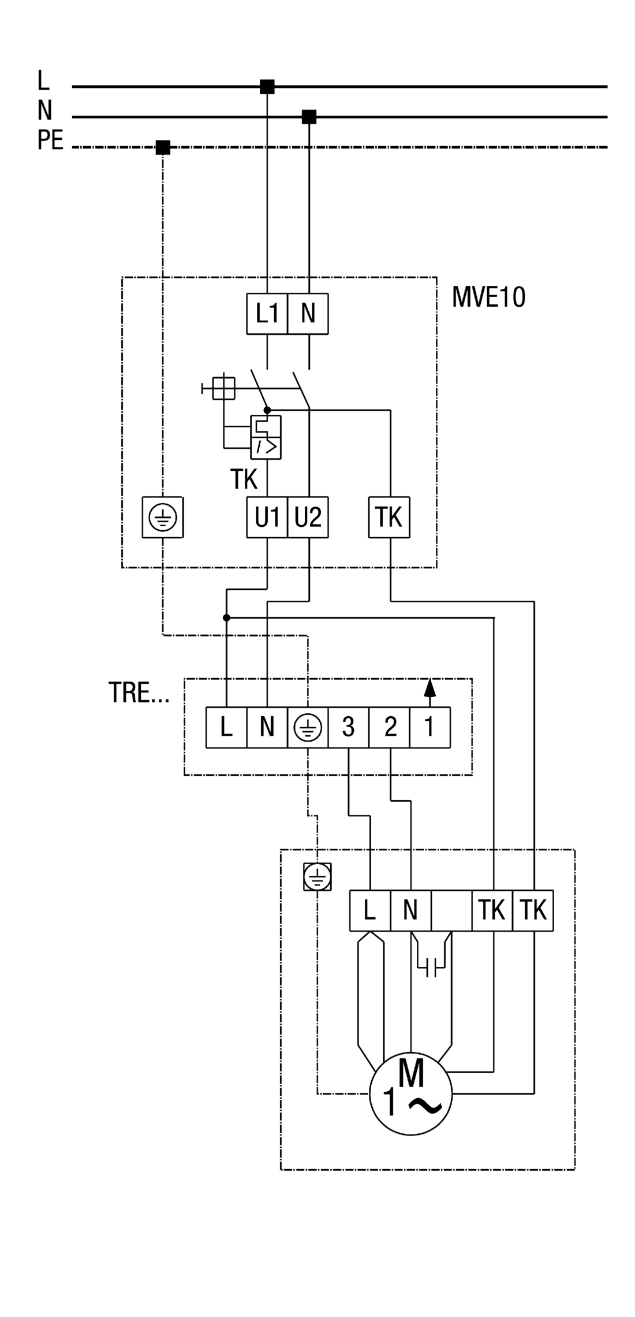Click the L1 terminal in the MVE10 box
tap(267, 314)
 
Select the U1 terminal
tap(267, 517)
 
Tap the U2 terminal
tap(308, 517)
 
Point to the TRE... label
tap(139, 693)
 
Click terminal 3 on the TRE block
tap(348, 727)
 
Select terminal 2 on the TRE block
tap(390, 727)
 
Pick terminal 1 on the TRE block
tap(429, 727)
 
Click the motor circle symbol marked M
tap(410, 1093)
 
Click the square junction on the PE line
tap(163, 147)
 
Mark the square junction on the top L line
tap(267, 87)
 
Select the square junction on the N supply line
tap(309, 117)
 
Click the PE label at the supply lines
tap(50, 140)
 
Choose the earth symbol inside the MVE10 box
tap(163, 518)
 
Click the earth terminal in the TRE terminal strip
tap(308, 727)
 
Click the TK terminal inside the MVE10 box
tap(390, 517)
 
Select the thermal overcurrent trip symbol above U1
tap(266, 437)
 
